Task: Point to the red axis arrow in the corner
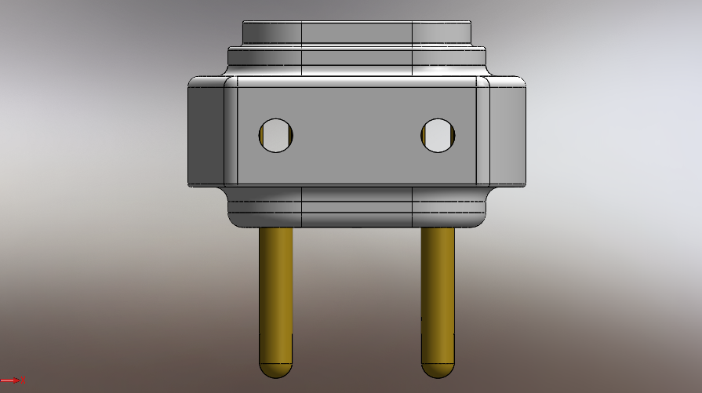[13, 380]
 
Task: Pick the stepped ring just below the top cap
[357, 57]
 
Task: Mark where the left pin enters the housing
[276, 228]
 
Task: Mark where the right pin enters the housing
[438, 228]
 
